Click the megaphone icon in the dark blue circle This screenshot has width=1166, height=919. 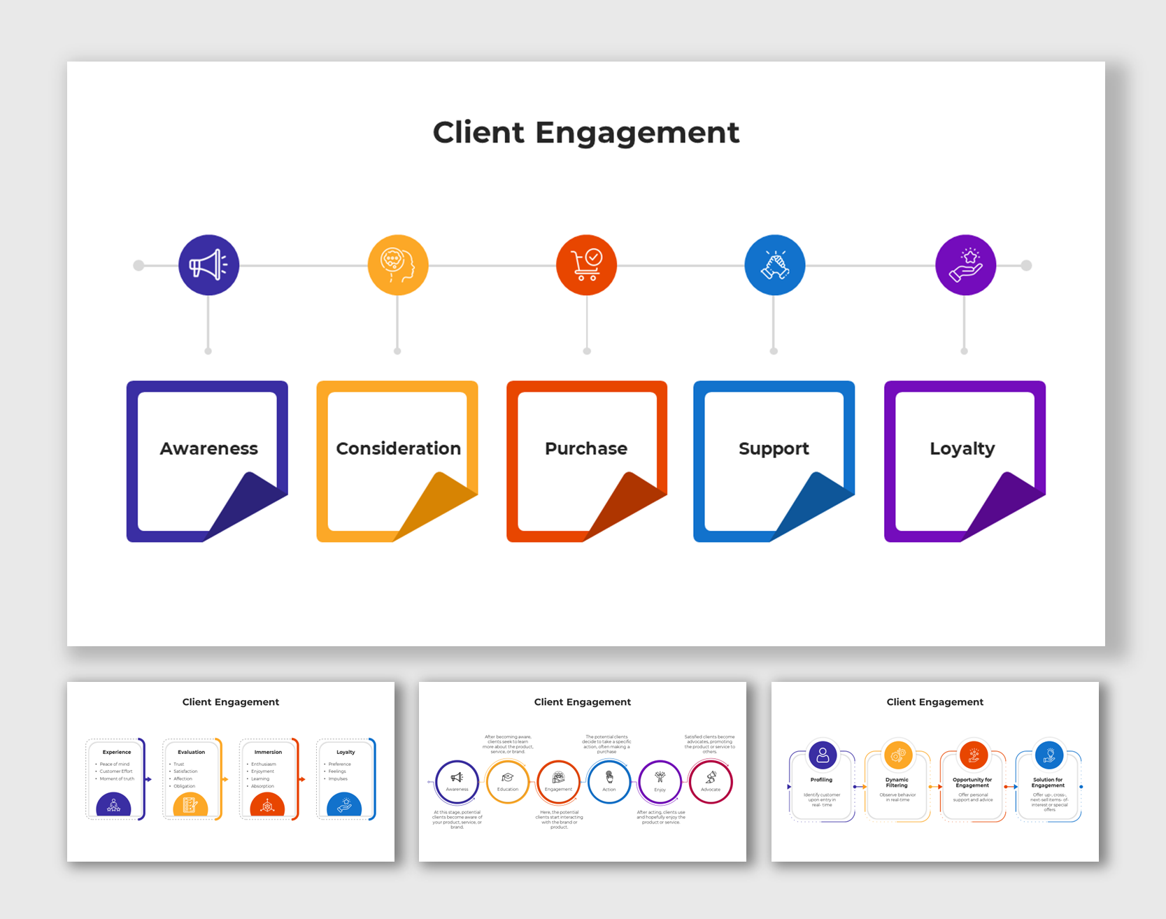[208, 265]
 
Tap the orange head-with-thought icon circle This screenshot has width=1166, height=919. [398, 265]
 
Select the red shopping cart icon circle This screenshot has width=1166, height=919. [586, 265]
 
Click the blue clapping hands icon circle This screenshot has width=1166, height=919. [774, 265]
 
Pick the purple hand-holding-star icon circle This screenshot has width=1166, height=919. [965, 265]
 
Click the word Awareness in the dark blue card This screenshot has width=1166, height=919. [208, 448]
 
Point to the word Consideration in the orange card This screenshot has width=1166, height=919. [398, 448]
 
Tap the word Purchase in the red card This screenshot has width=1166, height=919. [586, 448]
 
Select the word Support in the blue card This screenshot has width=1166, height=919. [774, 448]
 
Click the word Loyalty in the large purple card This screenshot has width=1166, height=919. [962, 448]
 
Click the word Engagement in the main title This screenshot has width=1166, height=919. [637, 133]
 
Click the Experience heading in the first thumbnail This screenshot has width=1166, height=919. [117, 752]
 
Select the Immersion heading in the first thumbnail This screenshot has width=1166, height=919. [268, 752]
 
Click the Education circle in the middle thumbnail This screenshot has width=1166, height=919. [508, 781]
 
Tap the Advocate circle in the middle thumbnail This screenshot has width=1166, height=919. [711, 781]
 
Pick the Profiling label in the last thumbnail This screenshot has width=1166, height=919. [821, 780]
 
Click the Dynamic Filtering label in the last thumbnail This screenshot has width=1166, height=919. [897, 782]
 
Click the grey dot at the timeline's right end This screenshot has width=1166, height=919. [1026, 265]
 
